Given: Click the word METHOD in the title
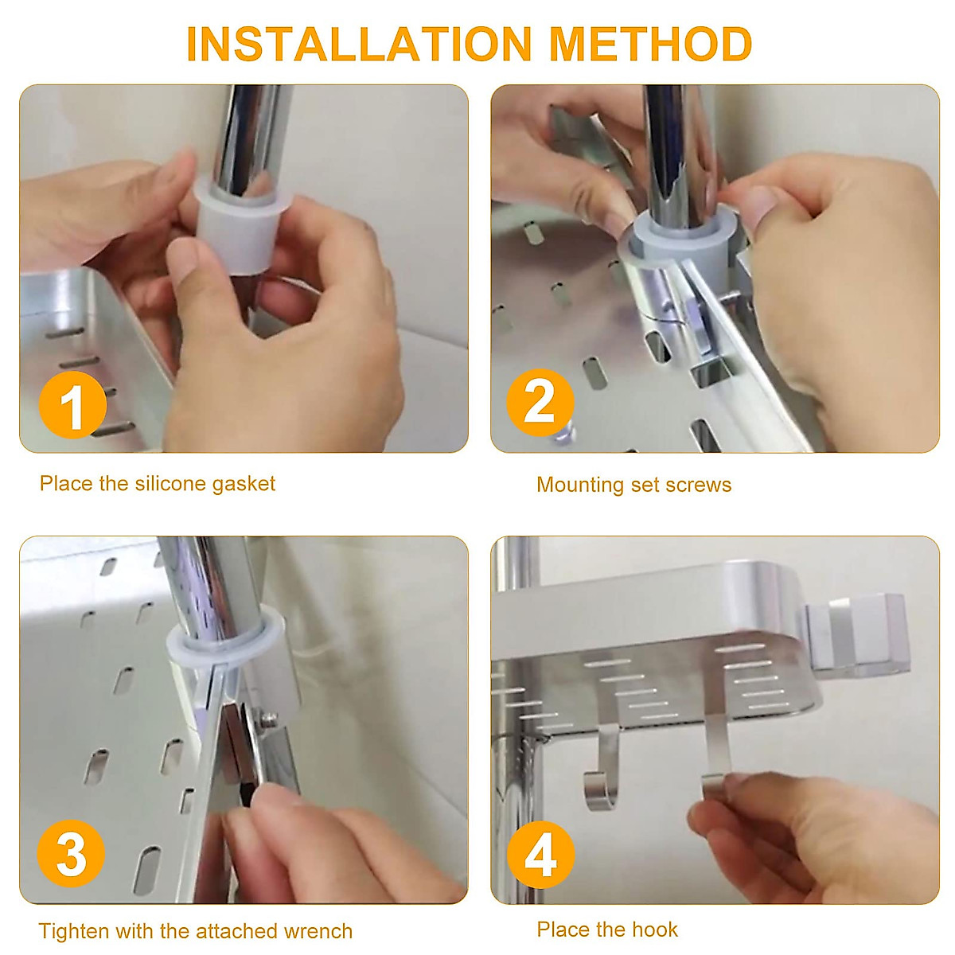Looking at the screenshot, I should [x=650, y=44].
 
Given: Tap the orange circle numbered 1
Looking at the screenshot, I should [x=72, y=405].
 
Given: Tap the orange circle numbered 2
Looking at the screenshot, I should [x=540, y=402].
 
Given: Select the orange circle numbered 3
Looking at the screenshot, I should [x=71, y=854].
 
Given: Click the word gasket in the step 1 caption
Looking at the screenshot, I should [x=244, y=484].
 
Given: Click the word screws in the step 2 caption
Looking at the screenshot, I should [x=699, y=485].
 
